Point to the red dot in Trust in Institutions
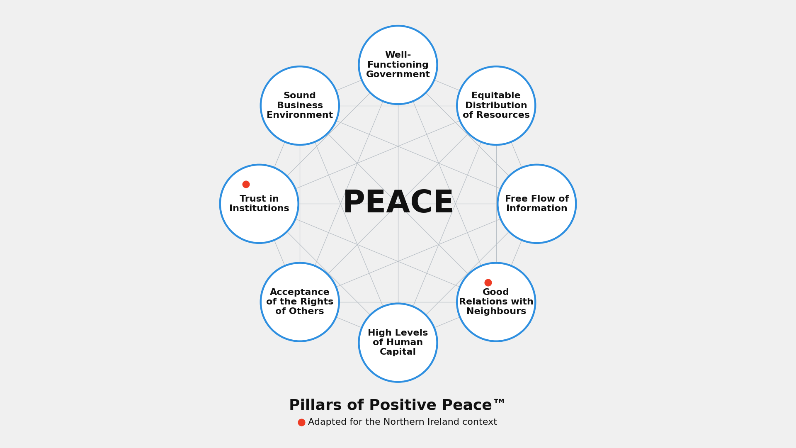(x=246, y=184)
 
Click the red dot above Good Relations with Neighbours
(x=488, y=282)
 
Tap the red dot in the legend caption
(x=301, y=422)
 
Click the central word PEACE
(x=398, y=203)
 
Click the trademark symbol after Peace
(x=499, y=402)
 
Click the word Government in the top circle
(x=398, y=75)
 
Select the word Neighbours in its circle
(x=496, y=312)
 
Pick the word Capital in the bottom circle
(x=398, y=352)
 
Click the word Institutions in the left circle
(x=259, y=209)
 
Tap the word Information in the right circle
(x=537, y=209)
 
